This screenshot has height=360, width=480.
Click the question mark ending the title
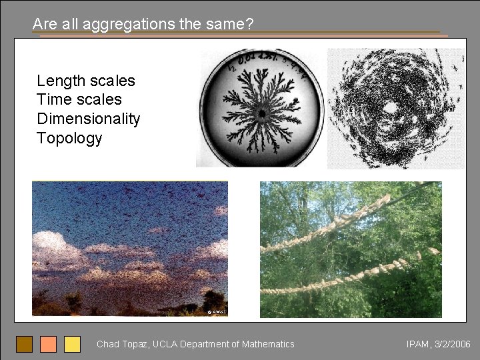pos(249,25)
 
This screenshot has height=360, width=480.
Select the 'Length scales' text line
pos(86,81)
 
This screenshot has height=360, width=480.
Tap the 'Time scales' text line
pos(79,100)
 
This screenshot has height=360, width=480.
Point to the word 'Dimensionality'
pos(89,119)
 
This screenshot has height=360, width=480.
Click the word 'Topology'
pos(69,138)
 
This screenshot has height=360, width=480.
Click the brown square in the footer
pos(24,344)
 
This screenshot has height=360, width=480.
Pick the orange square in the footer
pos(48,344)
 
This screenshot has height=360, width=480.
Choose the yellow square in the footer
pos(72,344)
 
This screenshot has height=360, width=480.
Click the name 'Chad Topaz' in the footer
pos(122,344)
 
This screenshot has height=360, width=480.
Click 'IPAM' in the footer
pos(417,344)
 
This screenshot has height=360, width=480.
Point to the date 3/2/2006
pos(453,344)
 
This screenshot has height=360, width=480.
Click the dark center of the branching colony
pos(263,113)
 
